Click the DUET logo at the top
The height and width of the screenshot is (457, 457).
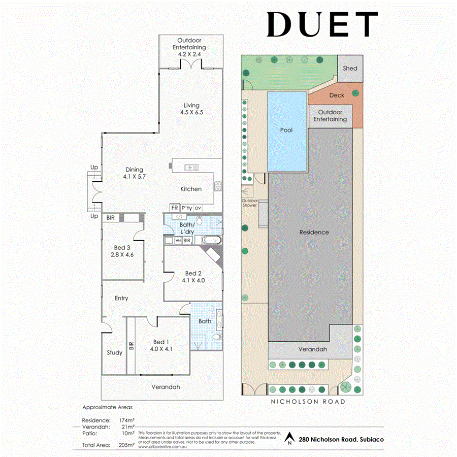coord(322,24)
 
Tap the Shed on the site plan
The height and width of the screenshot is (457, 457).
coord(350,68)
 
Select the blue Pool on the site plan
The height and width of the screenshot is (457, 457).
coord(287,130)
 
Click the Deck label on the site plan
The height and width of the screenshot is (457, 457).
coord(336,95)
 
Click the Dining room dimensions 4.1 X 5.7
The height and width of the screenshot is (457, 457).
coord(134,177)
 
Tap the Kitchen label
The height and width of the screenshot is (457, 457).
coord(191,189)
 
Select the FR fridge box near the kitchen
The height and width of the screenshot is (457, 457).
coord(174,208)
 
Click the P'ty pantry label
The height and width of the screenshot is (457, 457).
coord(186,208)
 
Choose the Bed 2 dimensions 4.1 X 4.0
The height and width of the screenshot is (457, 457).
coord(193,280)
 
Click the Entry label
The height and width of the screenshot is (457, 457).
coord(121,299)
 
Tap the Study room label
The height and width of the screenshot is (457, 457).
coord(114,352)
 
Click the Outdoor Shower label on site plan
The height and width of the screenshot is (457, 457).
coord(250,203)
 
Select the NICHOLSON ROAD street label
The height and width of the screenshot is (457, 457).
coord(308,402)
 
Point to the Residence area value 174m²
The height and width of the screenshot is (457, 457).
coord(125,420)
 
